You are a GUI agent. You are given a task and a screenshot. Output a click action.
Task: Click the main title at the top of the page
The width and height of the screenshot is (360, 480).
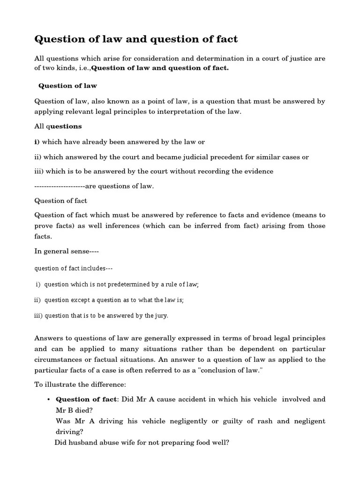point(136,39)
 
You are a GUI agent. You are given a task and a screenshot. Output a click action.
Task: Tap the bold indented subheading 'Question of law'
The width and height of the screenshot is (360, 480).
point(67,86)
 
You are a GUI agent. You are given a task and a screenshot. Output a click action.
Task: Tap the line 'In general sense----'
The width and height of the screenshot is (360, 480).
point(67,251)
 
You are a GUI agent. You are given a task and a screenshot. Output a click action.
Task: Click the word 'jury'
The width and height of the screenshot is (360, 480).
point(161,315)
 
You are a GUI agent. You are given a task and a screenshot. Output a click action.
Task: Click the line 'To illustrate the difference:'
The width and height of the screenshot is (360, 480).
point(80,385)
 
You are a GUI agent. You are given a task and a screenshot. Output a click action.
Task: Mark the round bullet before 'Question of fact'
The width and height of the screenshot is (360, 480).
point(49,400)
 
